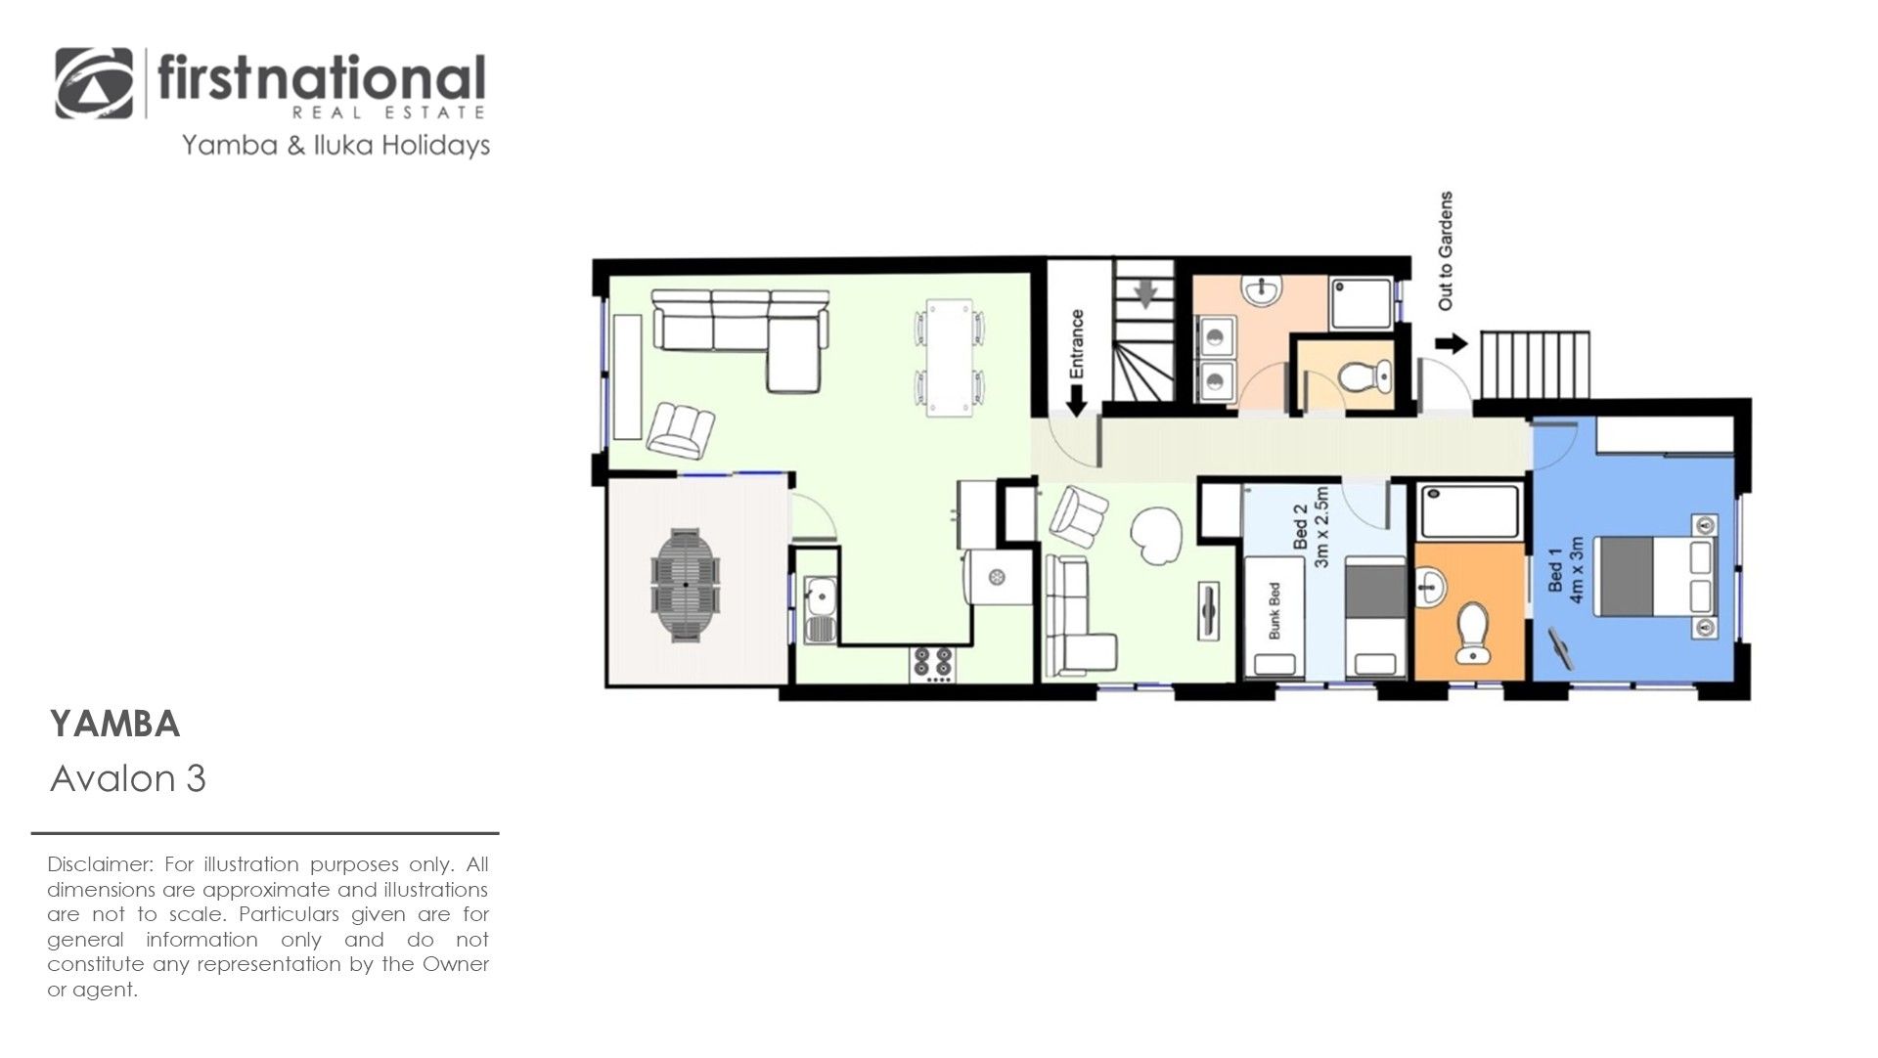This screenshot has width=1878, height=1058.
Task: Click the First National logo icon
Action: point(95,84)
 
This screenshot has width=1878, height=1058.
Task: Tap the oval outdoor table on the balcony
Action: point(686,585)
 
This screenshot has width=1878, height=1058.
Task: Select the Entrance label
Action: point(1077,343)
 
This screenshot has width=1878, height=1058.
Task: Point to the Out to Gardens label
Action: point(1446,251)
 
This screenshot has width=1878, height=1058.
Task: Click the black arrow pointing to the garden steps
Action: point(1453,343)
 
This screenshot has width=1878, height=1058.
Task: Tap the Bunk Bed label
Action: point(1274,611)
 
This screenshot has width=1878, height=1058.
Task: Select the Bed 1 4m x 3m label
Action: point(1565,569)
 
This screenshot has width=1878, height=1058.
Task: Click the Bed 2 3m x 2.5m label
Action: point(1311,528)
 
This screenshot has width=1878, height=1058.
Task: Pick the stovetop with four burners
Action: point(932,663)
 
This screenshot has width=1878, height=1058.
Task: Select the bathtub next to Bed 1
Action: point(1470,511)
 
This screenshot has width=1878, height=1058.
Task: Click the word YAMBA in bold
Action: point(115,725)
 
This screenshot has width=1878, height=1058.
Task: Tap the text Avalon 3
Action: point(128,779)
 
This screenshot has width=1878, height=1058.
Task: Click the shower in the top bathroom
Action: point(1361,303)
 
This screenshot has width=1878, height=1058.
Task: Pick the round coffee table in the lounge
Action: point(1156,533)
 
